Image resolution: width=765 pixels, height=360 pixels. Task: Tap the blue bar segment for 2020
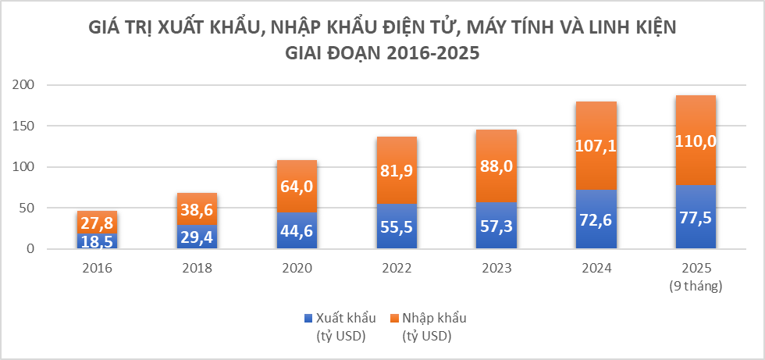(297, 230)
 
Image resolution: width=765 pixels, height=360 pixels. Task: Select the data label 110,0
(696, 141)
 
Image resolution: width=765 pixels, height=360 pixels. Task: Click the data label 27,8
(97, 222)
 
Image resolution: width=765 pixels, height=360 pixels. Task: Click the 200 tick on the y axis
(26, 84)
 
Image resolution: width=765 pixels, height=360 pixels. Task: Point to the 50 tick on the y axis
(29, 208)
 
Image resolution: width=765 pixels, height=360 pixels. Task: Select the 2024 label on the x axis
(596, 268)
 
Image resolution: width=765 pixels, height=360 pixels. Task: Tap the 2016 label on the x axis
(97, 268)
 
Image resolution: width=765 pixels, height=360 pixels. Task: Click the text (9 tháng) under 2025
(696, 286)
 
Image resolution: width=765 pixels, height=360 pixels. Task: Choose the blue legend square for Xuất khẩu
(308, 318)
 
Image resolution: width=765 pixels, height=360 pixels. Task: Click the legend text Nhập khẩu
(434, 318)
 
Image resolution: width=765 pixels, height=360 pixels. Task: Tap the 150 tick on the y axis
(26, 126)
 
